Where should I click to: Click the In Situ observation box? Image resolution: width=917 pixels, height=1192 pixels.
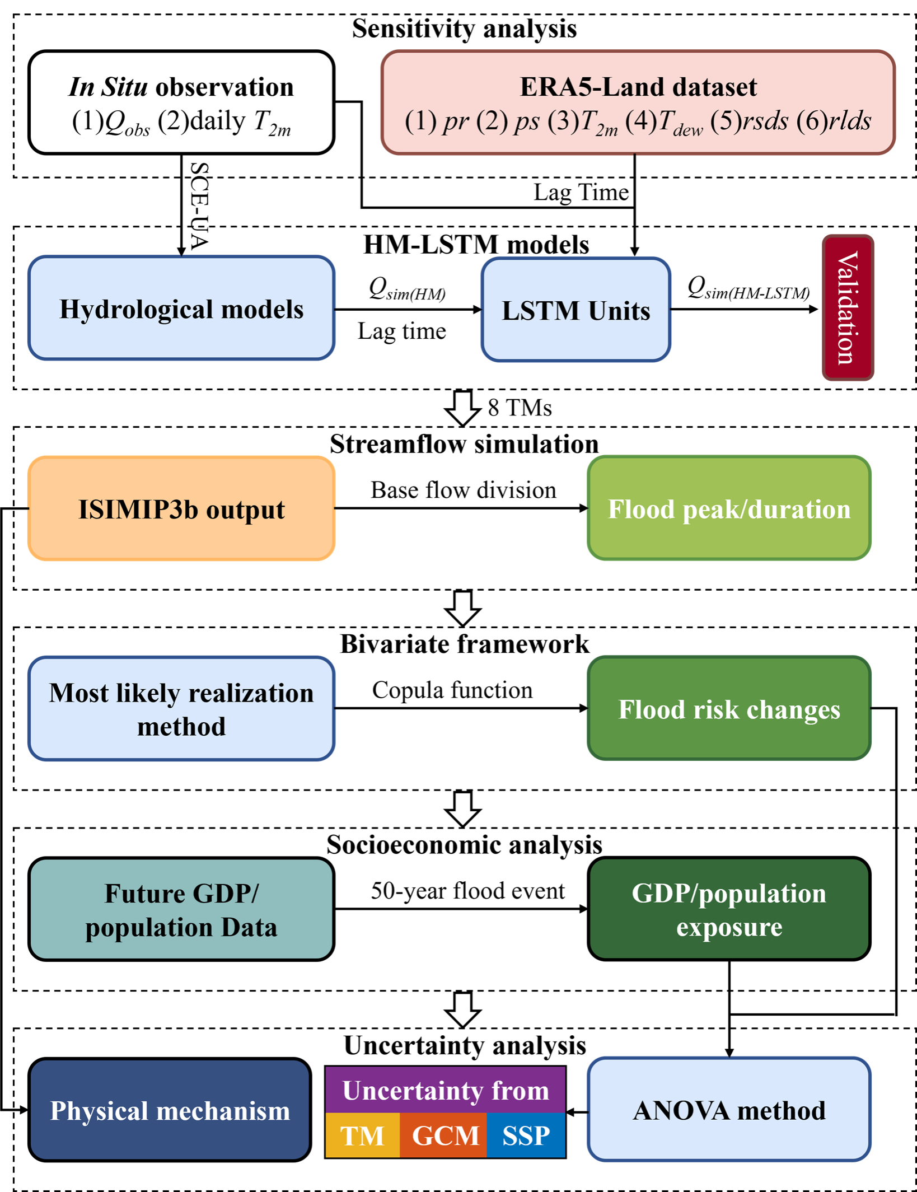[181, 102]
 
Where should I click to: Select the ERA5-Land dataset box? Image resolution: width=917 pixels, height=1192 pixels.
[638, 102]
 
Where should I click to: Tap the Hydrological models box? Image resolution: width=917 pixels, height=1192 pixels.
[181, 308]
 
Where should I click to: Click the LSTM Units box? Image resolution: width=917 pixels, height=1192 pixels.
[576, 310]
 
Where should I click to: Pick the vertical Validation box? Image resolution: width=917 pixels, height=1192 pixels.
[848, 308]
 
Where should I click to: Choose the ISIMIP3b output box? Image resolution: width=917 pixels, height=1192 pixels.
[181, 508]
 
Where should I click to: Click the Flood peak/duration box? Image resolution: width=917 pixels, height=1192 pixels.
[729, 508]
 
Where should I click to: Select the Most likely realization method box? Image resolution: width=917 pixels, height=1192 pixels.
[181, 709]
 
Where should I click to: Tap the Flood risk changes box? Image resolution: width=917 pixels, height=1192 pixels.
[729, 709]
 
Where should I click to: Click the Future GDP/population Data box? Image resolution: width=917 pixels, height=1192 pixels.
[181, 909]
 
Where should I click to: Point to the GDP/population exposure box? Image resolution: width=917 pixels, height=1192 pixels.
[729, 909]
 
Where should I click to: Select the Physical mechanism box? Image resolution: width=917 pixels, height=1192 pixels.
[170, 1110]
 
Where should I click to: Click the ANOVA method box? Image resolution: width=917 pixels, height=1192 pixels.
[729, 1110]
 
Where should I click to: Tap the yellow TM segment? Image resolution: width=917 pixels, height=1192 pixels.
[362, 1135]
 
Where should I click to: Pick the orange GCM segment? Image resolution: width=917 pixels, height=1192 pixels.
[445, 1135]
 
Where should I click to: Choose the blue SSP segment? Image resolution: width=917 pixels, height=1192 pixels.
[526, 1135]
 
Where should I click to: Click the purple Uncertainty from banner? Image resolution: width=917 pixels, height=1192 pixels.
[445, 1090]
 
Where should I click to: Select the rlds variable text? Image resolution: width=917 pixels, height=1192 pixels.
[849, 121]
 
